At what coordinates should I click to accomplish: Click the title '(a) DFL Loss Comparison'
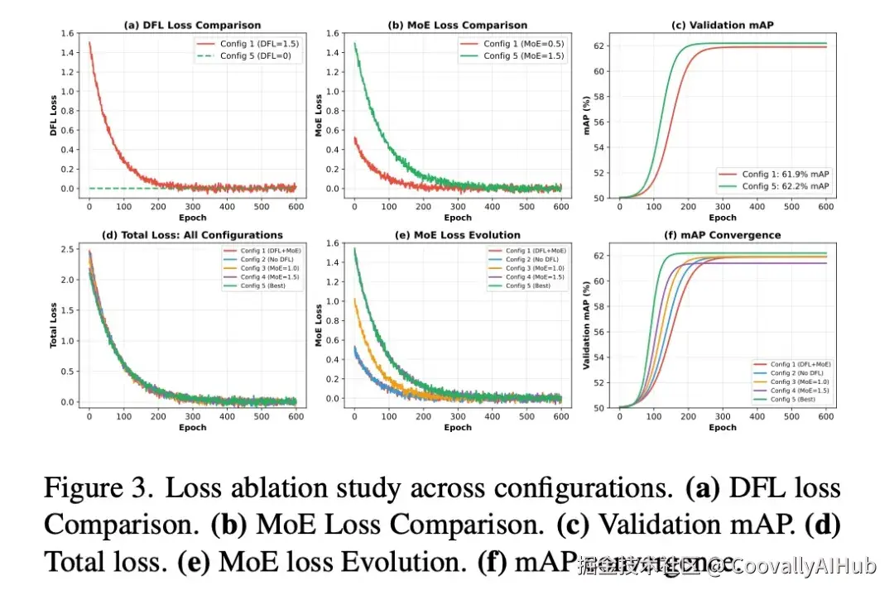coord(192,26)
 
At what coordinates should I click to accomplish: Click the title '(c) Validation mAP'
coord(723,26)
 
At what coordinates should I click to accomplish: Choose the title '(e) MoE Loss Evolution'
coord(458,235)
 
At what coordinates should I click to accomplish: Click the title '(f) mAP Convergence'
coord(723,235)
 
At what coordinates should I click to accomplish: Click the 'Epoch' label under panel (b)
coord(458,218)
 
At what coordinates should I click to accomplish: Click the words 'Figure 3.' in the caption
coord(99,489)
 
